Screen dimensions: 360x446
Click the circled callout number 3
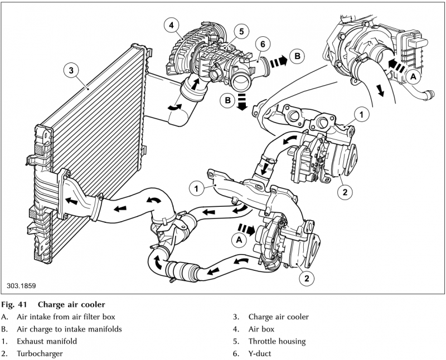[70, 70]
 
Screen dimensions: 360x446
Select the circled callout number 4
[172, 25]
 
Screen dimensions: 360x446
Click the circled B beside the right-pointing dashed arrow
[298, 57]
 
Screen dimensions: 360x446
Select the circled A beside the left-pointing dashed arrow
[413, 78]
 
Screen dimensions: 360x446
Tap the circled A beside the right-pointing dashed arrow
[239, 239]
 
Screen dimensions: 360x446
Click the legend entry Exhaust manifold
[46, 341]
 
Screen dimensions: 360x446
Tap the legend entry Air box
[263, 329]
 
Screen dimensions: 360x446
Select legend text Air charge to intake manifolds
[69, 329]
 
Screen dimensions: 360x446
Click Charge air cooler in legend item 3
[278, 317]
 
